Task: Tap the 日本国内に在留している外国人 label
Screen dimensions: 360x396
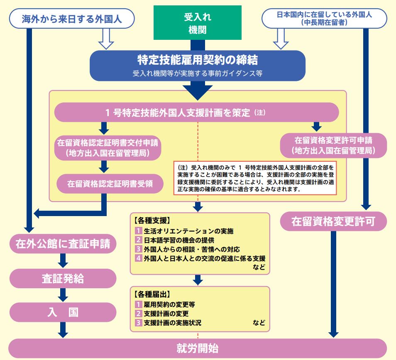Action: coord(325,19)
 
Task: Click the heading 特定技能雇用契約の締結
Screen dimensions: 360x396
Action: coord(198,61)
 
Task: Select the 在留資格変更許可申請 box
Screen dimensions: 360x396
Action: coord(334,145)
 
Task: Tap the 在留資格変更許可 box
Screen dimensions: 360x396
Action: coord(333,221)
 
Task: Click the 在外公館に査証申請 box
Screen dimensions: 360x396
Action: coord(62,243)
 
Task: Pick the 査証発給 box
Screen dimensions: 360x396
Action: coord(62,279)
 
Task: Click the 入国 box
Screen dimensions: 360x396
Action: coord(62,312)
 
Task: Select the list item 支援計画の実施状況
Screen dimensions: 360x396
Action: coord(174,322)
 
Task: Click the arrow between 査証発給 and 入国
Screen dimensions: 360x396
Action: coord(63,295)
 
